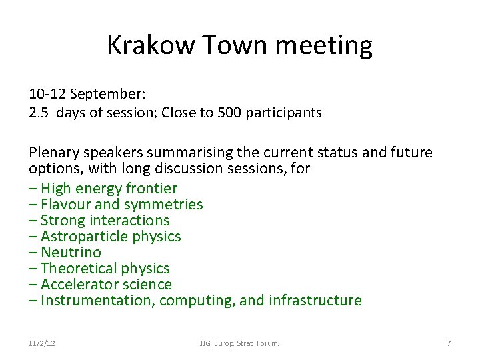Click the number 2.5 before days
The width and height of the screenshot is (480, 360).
[39, 113]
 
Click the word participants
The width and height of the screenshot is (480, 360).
[283, 113]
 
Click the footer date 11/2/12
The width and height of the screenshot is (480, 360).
[42, 343]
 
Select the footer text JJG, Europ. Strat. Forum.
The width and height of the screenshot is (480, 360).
[239, 343]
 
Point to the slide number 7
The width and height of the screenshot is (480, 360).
[449, 343]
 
